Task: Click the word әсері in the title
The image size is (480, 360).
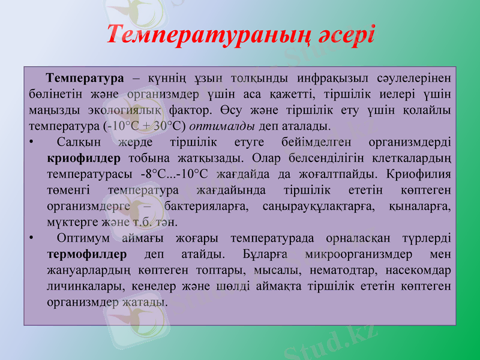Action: coord(344,34)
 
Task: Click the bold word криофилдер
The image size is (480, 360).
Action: coord(83,159)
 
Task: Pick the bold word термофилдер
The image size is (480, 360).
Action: coord(86,254)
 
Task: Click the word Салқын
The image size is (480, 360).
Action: coord(79,143)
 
